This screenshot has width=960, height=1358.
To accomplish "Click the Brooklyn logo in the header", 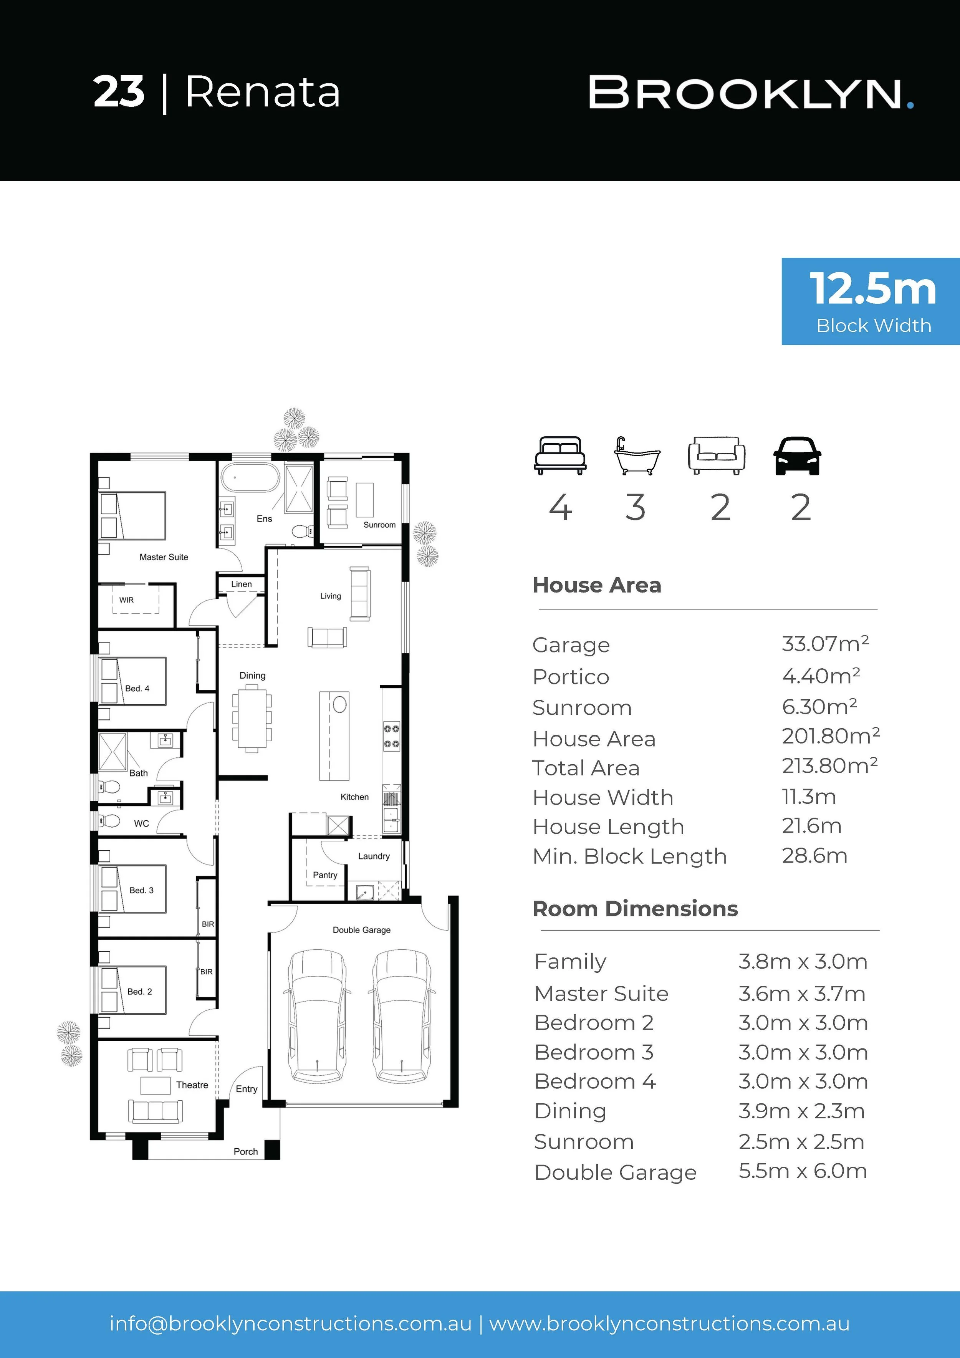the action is [x=751, y=93].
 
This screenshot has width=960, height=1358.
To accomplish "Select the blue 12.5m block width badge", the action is [x=871, y=301].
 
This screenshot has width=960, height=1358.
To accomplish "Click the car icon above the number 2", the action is [x=797, y=455].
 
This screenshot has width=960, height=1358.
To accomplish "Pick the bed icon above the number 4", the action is [x=560, y=455].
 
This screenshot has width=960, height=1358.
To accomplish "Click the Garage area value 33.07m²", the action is [x=825, y=644].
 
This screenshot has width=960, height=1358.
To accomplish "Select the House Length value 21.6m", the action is [x=811, y=826].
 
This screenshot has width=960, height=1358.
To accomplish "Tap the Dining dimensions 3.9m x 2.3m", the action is [x=801, y=1111].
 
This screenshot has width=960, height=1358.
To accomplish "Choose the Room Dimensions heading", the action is [x=635, y=909].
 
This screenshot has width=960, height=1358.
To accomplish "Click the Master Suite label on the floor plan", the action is [x=164, y=557].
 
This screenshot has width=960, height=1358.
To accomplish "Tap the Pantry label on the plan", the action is [x=325, y=875].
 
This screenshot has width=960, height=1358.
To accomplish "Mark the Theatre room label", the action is [x=192, y=1085].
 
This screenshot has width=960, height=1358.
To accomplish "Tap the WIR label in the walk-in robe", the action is [x=127, y=600].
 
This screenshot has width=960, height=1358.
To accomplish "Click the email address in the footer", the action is [x=290, y=1324].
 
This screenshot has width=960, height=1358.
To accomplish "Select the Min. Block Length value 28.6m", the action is [x=814, y=856].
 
